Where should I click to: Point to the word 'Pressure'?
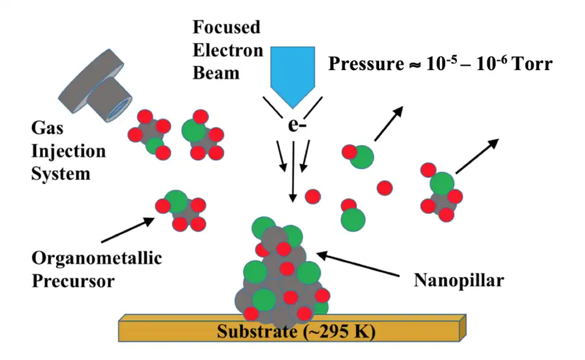(x=364, y=64)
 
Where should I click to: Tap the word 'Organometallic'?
(x=97, y=258)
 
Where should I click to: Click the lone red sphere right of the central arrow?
(x=313, y=197)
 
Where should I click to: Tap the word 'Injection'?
(x=68, y=150)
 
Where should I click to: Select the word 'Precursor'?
(x=73, y=281)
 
